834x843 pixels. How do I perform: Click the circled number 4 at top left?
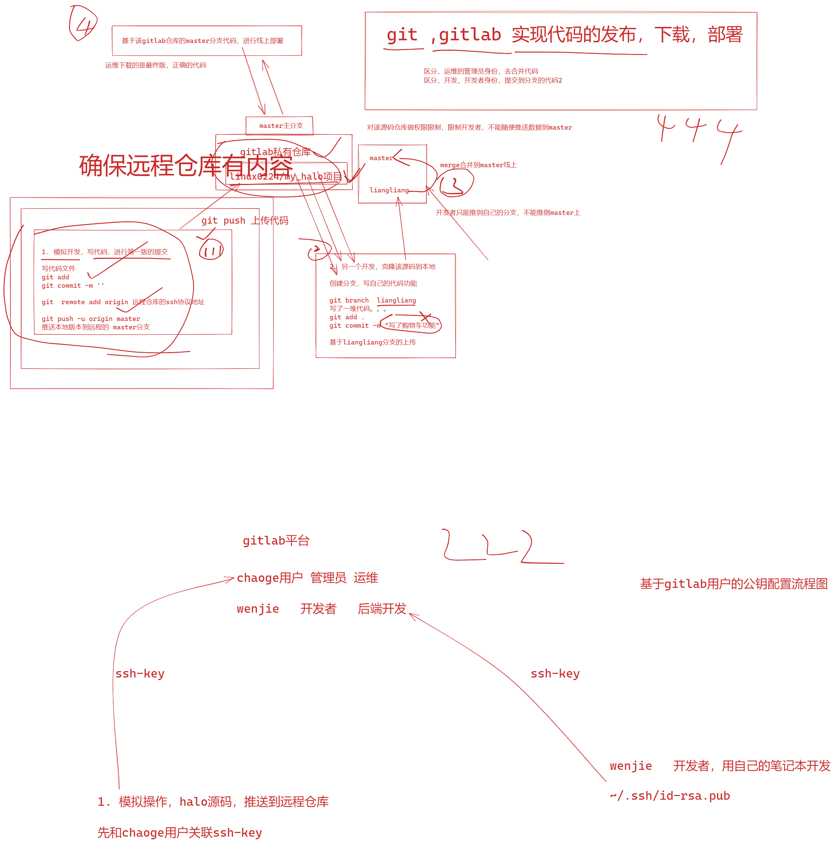coord(83,24)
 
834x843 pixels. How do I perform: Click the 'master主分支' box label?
coord(281,126)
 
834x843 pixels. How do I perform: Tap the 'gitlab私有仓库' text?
coord(275,152)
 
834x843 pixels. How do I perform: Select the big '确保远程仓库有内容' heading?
coord(185,166)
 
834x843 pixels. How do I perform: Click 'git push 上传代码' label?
coord(245,220)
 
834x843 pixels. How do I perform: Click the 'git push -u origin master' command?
coord(91,319)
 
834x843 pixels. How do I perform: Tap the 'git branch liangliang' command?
coord(372,300)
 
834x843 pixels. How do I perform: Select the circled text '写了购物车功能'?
coord(411,325)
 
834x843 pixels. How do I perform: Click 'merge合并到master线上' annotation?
coord(478,165)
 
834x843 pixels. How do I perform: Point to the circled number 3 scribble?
coord(455,183)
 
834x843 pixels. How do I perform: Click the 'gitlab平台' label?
coord(276,541)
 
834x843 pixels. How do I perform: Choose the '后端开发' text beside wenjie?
coord(382,609)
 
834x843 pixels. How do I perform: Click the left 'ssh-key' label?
coord(140,673)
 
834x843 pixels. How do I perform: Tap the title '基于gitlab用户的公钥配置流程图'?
coord(734,584)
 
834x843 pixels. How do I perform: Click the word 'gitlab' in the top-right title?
coord(469,35)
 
